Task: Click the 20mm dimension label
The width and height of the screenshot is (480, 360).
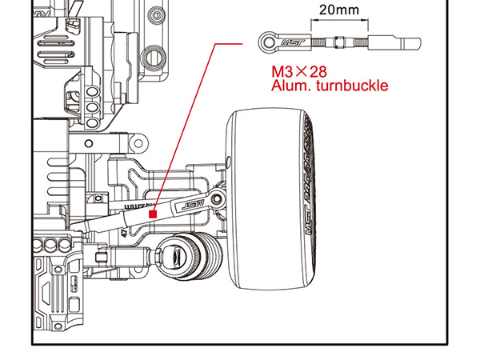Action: (x=338, y=10)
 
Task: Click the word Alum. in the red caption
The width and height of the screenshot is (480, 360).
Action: (x=290, y=86)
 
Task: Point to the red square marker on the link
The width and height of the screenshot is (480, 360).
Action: (x=153, y=214)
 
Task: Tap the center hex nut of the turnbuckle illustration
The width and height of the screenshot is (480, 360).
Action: (x=340, y=40)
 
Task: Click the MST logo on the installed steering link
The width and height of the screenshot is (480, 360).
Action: (x=193, y=205)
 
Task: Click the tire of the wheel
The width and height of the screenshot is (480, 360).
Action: (x=268, y=200)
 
